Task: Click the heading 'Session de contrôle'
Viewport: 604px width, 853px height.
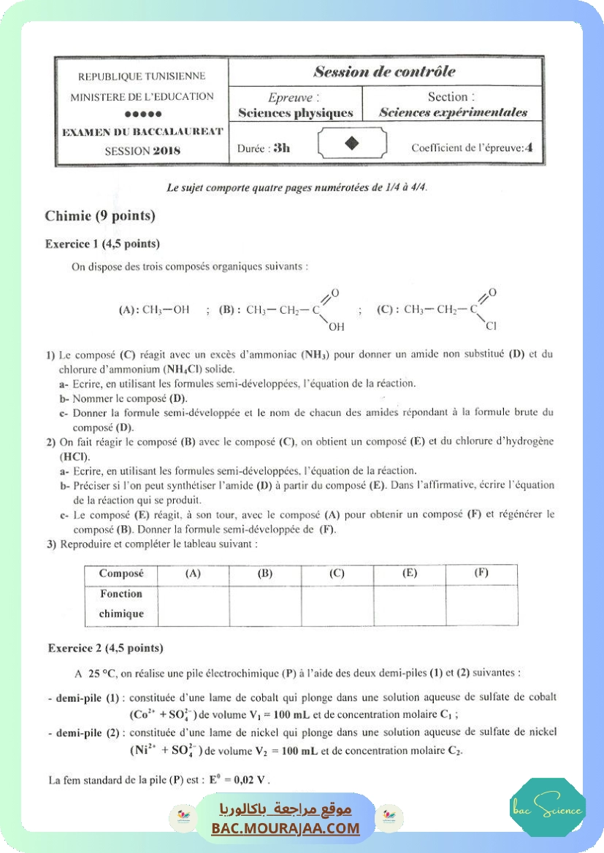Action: pyautogui.click(x=384, y=72)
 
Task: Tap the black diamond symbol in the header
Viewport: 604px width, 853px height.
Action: pyautogui.click(x=352, y=144)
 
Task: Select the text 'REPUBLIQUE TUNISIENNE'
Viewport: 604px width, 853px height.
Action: pyautogui.click(x=142, y=76)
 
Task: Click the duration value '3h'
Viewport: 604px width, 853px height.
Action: pyautogui.click(x=281, y=147)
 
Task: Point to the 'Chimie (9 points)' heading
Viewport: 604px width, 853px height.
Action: pyautogui.click(x=100, y=216)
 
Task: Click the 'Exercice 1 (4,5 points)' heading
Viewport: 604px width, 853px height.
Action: pyautogui.click(x=102, y=244)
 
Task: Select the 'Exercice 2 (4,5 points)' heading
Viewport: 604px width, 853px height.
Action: pyautogui.click(x=105, y=648)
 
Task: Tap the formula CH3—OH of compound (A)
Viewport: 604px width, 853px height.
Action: pyautogui.click(x=166, y=309)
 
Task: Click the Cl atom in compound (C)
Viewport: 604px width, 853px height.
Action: pyautogui.click(x=491, y=325)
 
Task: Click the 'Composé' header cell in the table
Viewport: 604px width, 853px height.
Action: pyautogui.click(x=121, y=574)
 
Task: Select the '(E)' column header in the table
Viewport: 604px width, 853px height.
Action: pyautogui.click(x=410, y=574)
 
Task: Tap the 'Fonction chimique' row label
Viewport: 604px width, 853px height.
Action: pyautogui.click(x=121, y=604)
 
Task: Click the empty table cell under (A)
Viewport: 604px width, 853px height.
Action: pyautogui.click(x=193, y=605)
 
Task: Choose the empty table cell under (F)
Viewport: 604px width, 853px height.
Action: pyautogui.click(x=481, y=605)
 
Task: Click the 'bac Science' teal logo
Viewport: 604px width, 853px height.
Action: pyautogui.click(x=547, y=809)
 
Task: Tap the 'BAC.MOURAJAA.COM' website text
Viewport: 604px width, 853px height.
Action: pyautogui.click(x=286, y=828)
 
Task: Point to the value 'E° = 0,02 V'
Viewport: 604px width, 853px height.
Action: pyautogui.click(x=239, y=779)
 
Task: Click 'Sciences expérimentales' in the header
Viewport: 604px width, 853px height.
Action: pyautogui.click(x=453, y=113)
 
